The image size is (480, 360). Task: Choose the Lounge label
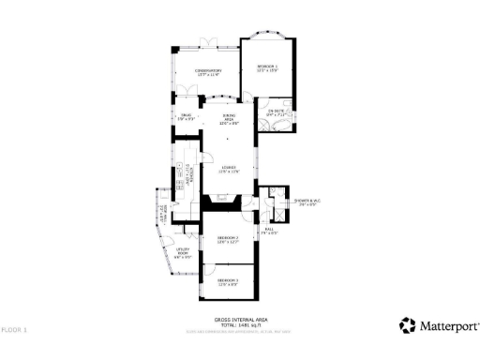230,170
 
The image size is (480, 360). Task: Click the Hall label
269,231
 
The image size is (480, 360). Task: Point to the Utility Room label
183,253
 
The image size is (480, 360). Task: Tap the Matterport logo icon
407,325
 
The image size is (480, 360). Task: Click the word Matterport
446,326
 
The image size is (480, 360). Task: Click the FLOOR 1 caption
14,330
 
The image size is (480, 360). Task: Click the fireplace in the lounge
222,199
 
